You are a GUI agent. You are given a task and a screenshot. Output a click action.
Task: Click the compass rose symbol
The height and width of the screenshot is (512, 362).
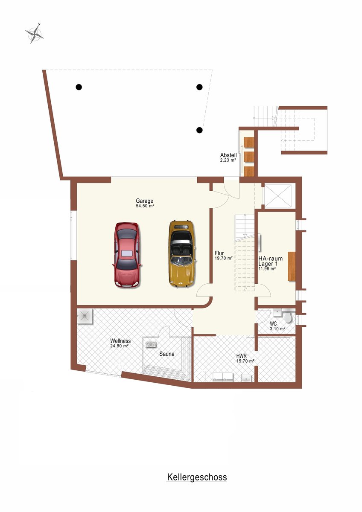[35, 33]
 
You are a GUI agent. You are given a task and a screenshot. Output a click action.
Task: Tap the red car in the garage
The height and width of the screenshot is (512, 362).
[127, 255]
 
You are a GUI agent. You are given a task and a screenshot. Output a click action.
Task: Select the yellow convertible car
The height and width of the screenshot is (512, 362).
[182, 253]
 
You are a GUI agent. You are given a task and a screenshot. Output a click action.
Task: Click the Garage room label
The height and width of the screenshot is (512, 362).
[145, 201]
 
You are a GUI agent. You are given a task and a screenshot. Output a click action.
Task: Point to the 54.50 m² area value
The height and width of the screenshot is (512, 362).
[145, 206]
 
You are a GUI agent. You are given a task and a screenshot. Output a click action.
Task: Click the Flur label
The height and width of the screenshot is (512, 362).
[219, 253]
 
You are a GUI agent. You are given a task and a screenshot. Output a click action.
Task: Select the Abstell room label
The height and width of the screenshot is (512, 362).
[228, 155]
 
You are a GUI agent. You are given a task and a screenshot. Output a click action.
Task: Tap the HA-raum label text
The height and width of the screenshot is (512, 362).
[271, 259]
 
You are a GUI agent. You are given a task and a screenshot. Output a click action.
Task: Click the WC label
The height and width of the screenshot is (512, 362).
[273, 324]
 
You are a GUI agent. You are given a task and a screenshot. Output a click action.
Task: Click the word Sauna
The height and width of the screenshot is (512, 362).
[167, 354]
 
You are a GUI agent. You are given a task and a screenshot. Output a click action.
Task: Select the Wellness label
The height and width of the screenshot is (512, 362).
[120, 341]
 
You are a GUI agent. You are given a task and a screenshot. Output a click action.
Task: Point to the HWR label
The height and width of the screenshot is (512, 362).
[242, 356]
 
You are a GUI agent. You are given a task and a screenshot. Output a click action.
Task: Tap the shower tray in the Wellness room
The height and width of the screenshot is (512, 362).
[85, 316]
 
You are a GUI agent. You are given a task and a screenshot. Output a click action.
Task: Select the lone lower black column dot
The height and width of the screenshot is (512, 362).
[199, 130]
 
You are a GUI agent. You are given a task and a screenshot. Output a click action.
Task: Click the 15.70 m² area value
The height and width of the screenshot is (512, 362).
[245, 361]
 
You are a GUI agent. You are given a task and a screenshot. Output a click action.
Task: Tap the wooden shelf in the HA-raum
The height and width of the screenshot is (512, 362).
[291, 266]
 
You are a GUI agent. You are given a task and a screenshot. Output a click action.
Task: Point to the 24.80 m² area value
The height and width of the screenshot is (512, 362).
[119, 346]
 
